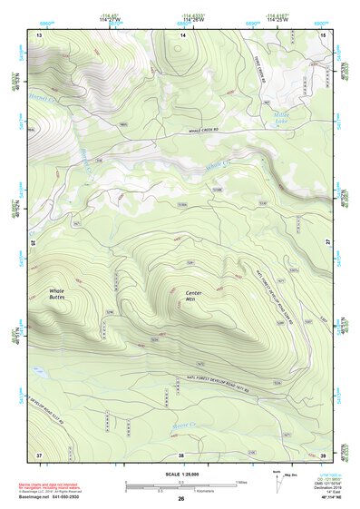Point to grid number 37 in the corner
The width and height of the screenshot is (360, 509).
click(x=39, y=454)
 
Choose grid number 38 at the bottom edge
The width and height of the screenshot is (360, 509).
click(x=180, y=454)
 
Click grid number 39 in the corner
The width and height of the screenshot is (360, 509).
click(x=324, y=454)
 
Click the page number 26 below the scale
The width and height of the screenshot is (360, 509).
click(x=180, y=499)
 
